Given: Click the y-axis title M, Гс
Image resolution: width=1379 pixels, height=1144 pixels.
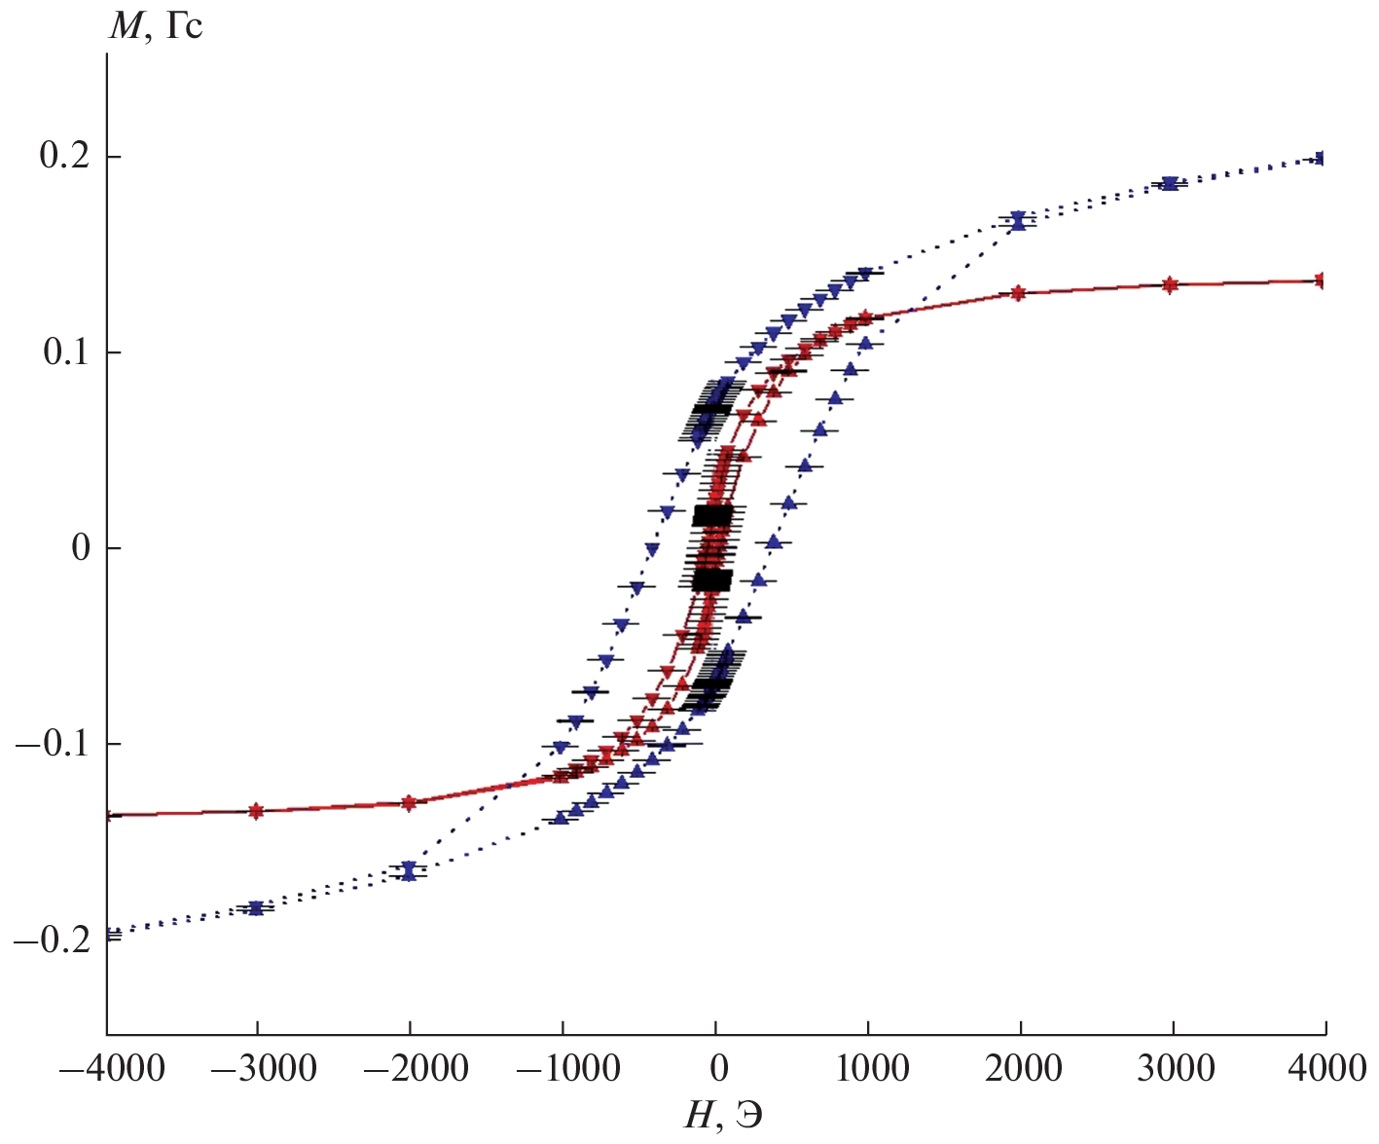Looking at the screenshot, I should click(x=156, y=24).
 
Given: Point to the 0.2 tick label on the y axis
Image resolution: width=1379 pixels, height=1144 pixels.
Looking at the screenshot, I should click(x=65, y=156).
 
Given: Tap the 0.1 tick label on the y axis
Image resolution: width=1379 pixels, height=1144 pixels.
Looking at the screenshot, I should click(x=67, y=351).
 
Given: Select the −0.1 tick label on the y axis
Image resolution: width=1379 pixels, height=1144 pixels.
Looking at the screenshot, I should click(x=54, y=744).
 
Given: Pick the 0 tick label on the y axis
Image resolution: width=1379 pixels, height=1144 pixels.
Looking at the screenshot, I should click(x=81, y=547).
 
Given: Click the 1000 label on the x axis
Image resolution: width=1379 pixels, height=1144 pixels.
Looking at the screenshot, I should click(x=872, y=1069).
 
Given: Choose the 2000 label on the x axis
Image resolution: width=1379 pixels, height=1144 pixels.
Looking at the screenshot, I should click(x=1024, y=1069).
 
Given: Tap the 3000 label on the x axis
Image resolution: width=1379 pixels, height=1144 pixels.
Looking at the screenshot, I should click(x=1176, y=1069).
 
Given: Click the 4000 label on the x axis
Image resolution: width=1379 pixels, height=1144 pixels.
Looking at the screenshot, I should click(x=1327, y=1069).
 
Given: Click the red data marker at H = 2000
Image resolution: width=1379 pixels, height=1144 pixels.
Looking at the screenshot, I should click(x=1018, y=293).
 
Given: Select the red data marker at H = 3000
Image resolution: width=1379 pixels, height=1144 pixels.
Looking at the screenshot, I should click(x=1170, y=284).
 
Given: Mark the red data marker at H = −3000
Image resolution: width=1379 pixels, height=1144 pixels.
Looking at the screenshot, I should click(x=256, y=810).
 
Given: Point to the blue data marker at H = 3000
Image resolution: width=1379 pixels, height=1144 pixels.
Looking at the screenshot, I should click(x=1170, y=183).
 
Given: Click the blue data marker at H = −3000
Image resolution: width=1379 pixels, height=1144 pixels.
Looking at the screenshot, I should click(x=256, y=907).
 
